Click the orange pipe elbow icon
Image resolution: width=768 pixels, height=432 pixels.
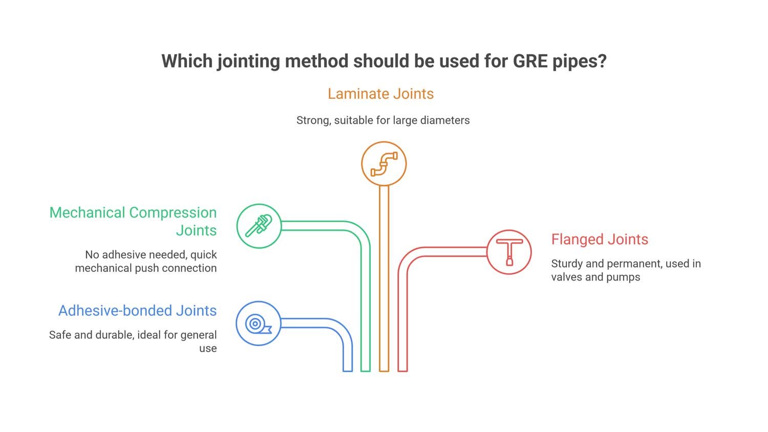(x=384, y=164)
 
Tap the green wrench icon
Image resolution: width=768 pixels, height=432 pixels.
(x=259, y=226)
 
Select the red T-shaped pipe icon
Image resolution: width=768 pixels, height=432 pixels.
(x=509, y=252)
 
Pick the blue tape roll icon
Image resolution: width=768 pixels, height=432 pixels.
(x=258, y=323)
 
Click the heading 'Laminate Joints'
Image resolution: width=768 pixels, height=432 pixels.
(x=380, y=94)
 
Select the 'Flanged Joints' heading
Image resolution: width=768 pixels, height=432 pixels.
(x=600, y=239)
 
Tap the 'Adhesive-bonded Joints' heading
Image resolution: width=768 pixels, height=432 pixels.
(x=137, y=311)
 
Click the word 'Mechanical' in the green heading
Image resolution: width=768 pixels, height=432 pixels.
(x=87, y=212)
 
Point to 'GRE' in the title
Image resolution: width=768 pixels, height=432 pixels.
(x=530, y=61)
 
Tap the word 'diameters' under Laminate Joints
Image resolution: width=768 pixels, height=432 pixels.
(x=444, y=120)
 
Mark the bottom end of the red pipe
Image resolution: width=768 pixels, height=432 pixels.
(x=402, y=369)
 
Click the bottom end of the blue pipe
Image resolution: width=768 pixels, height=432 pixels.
(x=348, y=369)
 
